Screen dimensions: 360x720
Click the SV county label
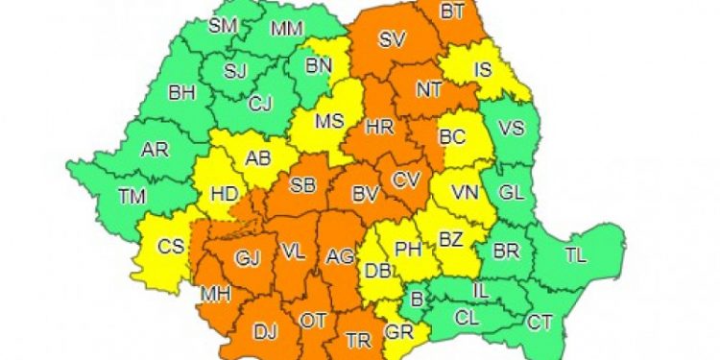click(x=392, y=40)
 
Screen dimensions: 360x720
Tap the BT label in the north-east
click(x=451, y=12)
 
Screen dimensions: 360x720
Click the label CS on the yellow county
click(x=171, y=247)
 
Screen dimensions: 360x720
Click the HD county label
click(x=225, y=193)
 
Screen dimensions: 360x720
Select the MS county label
click(x=329, y=122)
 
